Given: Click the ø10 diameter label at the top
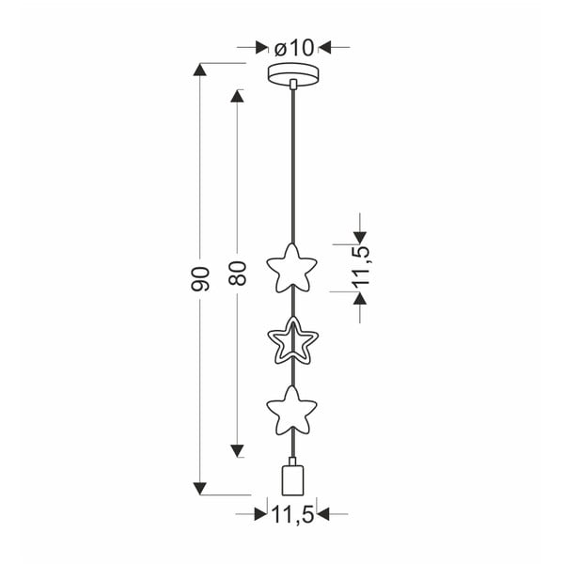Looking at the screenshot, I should point(295,45).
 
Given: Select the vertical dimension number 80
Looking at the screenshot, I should point(237,273).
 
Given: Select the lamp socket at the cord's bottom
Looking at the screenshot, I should point(293,478).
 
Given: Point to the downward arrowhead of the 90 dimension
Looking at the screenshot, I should point(200,487).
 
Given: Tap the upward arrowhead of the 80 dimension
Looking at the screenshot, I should point(237,96).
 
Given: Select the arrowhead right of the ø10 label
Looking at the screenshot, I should point(328,45).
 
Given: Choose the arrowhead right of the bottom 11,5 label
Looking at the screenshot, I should point(328,514).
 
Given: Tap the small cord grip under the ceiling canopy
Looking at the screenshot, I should point(294,86).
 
